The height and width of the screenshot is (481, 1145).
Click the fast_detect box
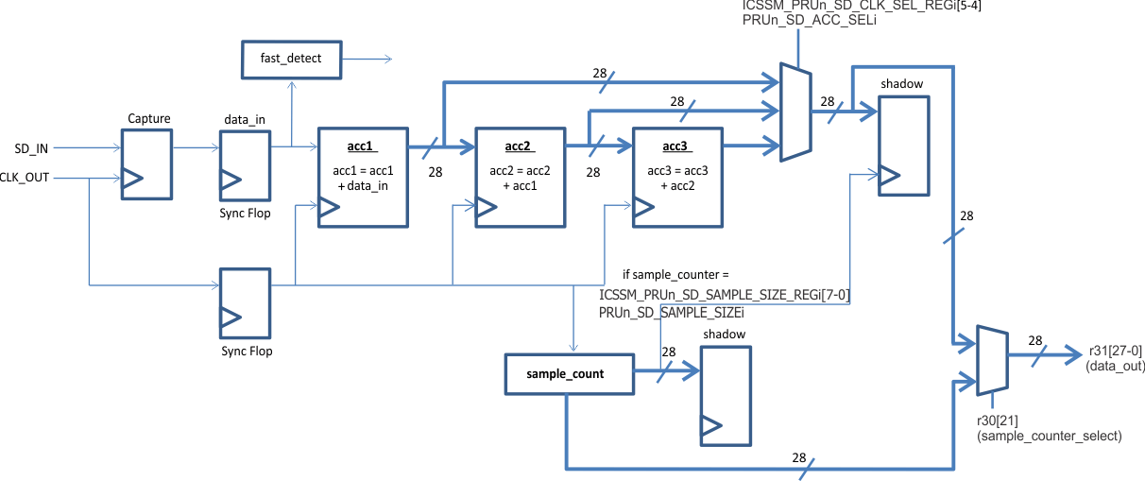[291, 59]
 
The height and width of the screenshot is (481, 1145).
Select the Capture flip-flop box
[146, 163]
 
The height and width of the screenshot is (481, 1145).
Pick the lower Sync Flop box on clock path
[245, 302]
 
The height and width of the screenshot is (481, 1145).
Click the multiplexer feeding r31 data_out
[991, 362]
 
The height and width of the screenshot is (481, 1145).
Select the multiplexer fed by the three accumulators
[795, 112]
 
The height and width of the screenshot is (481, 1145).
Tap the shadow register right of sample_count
[726, 395]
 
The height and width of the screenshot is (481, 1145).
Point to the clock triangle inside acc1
[328, 210]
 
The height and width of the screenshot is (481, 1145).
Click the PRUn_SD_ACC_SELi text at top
[810, 20]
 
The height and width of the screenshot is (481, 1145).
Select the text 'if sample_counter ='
[675, 273]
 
